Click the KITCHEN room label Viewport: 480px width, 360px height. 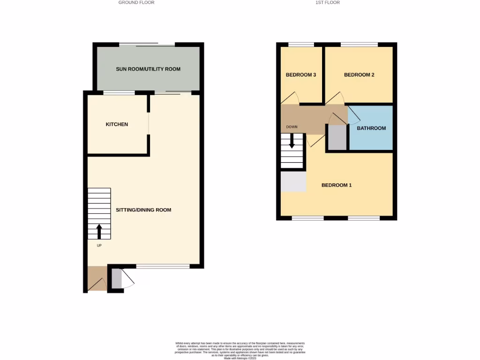(x=117, y=124)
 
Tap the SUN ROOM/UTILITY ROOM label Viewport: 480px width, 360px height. (x=148, y=69)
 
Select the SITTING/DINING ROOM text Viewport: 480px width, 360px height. (x=143, y=210)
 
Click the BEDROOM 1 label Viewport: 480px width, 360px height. (x=336, y=185)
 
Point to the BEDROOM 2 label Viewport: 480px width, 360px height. (x=359, y=75)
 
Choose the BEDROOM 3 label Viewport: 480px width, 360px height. (x=300, y=75)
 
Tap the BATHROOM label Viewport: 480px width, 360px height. (x=371, y=128)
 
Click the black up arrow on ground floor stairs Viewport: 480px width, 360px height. (x=99, y=231)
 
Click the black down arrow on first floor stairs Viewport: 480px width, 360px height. (x=292, y=141)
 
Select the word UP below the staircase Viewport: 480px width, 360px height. (x=99, y=246)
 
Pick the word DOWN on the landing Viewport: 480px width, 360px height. (x=292, y=127)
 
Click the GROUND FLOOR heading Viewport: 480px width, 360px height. (x=136, y=2)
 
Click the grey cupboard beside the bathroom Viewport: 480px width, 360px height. (x=337, y=137)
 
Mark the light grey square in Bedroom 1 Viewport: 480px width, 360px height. (x=293, y=181)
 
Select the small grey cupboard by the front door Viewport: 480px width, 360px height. (x=116, y=279)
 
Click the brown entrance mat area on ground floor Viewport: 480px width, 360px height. (x=97, y=278)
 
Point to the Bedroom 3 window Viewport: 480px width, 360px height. (x=300, y=45)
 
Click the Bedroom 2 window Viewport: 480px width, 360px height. (x=359, y=45)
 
